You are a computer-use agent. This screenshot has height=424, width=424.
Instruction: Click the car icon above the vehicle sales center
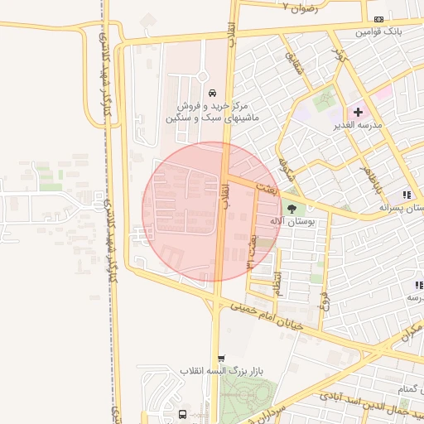click(214, 93)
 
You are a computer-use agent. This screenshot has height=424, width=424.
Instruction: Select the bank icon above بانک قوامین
click(378, 19)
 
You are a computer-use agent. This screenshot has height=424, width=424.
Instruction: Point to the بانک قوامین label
click(378, 32)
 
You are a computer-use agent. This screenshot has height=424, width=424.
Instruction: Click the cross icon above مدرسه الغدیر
click(359, 112)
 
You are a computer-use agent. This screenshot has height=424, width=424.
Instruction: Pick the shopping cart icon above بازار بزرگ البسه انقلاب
click(219, 359)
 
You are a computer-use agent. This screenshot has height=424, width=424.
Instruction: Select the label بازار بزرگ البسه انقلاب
click(217, 371)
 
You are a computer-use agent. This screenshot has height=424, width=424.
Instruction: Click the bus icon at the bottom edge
click(182, 413)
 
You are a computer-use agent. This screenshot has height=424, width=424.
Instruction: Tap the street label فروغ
click(325, 298)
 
